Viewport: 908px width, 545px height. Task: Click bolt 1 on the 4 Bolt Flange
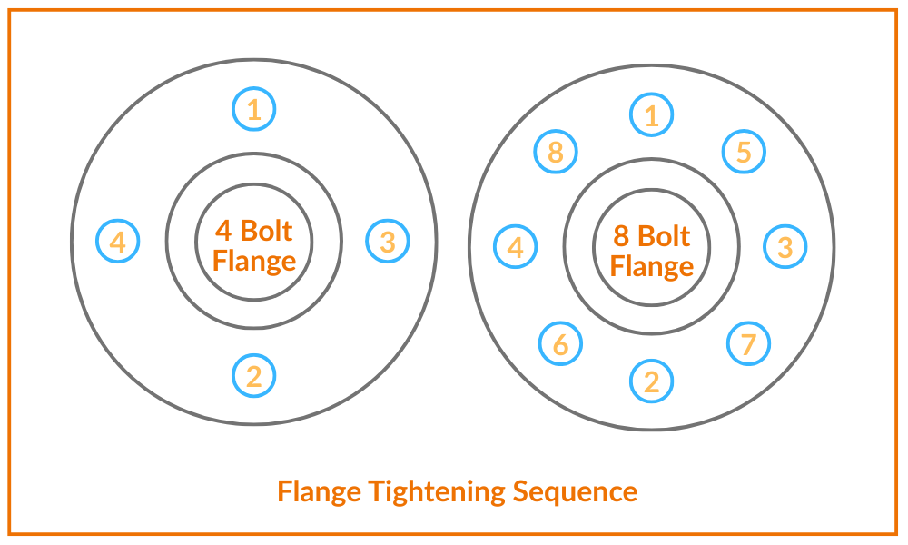[x=254, y=110]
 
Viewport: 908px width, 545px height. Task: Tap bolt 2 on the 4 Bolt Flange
[x=254, y=375]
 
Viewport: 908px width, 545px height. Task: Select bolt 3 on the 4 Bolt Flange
[x=388, y=242]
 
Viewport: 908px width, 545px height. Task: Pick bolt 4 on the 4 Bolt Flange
[x=118, y=242]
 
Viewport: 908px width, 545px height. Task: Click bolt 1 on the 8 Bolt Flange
[x=652, y=115]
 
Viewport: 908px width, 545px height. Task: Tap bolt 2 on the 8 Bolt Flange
[x=652, y=381]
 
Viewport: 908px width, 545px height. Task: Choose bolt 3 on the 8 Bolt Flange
[x=785, y=246]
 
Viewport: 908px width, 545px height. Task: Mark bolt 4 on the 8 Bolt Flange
[x=516, y=247]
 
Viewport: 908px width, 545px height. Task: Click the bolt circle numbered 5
[x=744, y=152]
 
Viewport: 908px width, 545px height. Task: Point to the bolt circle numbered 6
[x=560, y=343]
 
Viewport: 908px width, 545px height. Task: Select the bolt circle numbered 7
[x=749, y=343]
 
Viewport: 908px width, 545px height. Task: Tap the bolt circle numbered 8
[x=556, y=152]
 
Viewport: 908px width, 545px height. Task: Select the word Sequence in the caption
[x=575, y=492]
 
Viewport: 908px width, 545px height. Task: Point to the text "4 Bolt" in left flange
[x=254, y=231]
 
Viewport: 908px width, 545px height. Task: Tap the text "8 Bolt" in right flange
[x=652, y=236]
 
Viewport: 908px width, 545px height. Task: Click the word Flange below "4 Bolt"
[x=254, y=262]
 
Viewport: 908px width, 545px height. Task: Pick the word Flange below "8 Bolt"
[x=652, y=266]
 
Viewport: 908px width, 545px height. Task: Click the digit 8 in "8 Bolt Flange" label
[x=622, y=236]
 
